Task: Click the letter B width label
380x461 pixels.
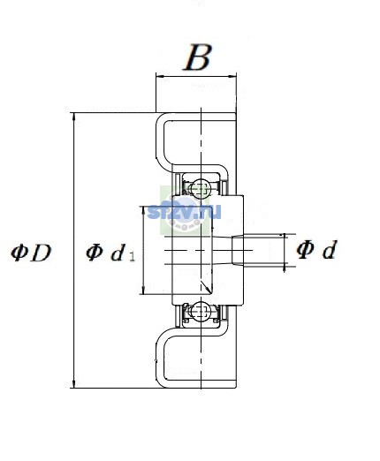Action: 197,57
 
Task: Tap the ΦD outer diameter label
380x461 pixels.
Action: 31,253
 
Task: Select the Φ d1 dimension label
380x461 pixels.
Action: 110,253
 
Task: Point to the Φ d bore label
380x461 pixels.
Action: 316,250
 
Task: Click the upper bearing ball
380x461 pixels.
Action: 200,188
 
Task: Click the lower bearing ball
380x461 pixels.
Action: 200,312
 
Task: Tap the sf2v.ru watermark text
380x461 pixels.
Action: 184,211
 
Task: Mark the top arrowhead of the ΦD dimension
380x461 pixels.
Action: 73,117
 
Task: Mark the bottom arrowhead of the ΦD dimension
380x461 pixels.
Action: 73,384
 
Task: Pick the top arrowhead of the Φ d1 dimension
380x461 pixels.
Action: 143,210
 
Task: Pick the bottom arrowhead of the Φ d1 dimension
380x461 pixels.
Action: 143,291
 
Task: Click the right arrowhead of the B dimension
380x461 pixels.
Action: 232,77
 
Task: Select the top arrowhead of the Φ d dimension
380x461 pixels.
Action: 285,237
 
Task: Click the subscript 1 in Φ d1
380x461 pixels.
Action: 132,257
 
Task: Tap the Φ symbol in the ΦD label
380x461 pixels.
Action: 19,253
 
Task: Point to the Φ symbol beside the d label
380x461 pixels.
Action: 305,250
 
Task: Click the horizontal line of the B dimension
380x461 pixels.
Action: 196,77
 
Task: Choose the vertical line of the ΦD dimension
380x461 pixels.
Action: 73,250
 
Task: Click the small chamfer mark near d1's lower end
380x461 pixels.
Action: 206,288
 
